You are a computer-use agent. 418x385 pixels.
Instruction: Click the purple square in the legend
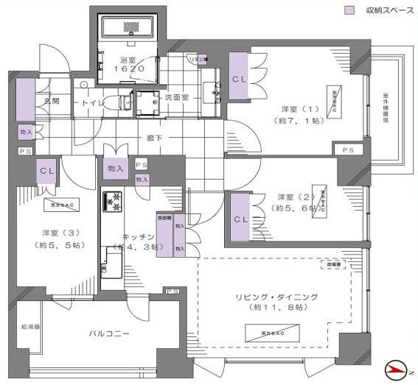pyautogui.click(x=350, y=11)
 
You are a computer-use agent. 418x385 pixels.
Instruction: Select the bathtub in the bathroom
pyautogui.click(x=129, y=28)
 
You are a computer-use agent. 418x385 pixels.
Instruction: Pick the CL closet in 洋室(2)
pyautogui.click(x=240, y=218)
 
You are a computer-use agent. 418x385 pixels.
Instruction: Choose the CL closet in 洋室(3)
pyautogui.click(x=48, y=171)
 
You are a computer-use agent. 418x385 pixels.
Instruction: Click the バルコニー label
pyautogui.click(x=110, y=333)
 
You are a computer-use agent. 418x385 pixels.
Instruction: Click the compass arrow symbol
pyautogui.click(x=398, y=367)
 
